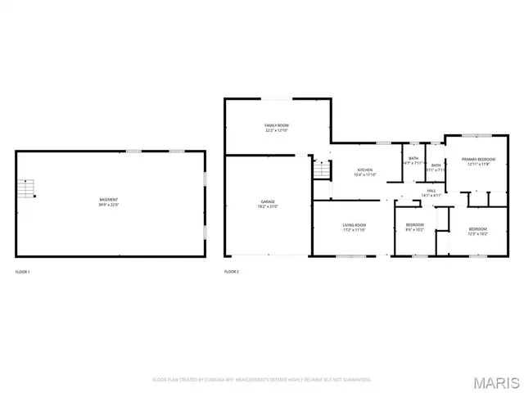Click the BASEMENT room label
coord(108,200)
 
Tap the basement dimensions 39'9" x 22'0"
coord(108,205)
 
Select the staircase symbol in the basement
coord(29,189)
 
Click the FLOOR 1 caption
coord(23,271)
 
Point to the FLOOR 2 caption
coord(232,271)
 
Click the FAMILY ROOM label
coord(276,125)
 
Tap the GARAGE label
coord(268,201)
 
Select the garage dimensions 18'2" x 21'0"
coord(268,206)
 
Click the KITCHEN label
coord(364,169)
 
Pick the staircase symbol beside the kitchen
coord(320,170)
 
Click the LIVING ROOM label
coord(354,225)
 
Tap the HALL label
coord(431,191)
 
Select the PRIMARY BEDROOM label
coord(478,160)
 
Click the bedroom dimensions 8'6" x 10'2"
coord(415,230)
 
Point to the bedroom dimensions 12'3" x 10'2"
coord(478,233)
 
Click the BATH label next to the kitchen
coord(413,158)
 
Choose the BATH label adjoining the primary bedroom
coord(436,165)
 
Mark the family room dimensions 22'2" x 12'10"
coord(276,130)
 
